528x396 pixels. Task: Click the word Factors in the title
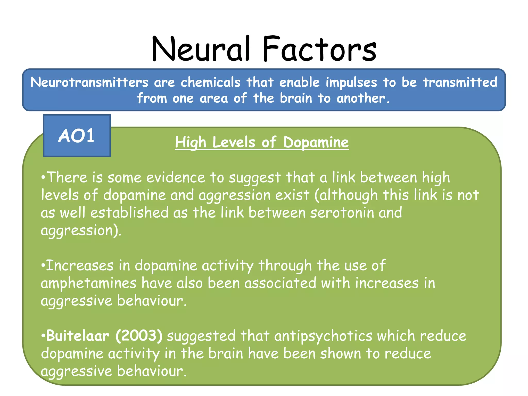320,49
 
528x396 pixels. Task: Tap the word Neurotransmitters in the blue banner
89,82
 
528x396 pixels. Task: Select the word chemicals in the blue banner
210,82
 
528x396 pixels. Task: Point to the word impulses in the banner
351,83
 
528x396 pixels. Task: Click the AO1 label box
77,136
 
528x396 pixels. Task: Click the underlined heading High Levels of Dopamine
262,142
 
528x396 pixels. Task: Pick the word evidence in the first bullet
176,178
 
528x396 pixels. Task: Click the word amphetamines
88,283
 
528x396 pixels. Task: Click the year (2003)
139,336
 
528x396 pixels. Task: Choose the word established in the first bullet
129,213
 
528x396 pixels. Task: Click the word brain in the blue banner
296,98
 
